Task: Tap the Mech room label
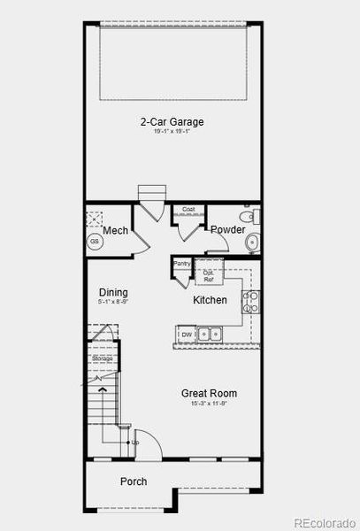coord(116,231)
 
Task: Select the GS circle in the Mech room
coord(94,241)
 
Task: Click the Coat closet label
coord(188,210)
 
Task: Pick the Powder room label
coord(227,230)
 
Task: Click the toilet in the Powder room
coord(249,216)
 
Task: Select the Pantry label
coord(182,263)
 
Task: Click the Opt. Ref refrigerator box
coord(209,275)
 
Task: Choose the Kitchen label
coord(211,301)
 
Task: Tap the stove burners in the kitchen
coord(251,301)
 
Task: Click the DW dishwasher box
coord(187,335)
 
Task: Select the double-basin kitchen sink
coord(211,335)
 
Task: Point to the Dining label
coord(113,293)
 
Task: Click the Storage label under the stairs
coord(102,358)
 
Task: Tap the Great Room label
coord(209,394)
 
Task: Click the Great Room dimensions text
coord(209,404)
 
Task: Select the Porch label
coord(134,482)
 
